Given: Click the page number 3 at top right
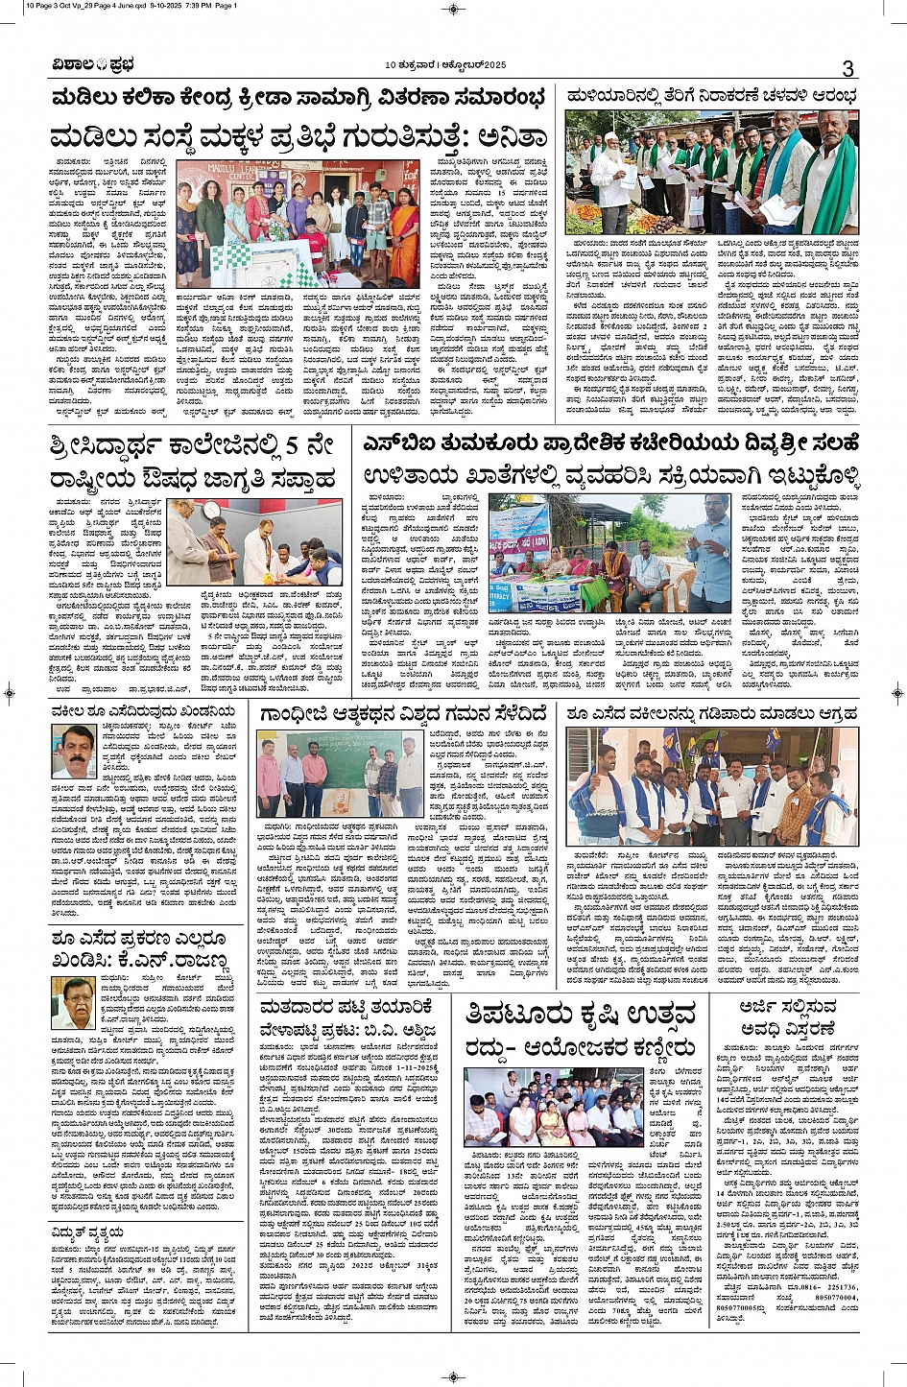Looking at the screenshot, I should coord(847,68).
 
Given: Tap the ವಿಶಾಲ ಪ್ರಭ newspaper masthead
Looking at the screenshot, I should coord(93,66).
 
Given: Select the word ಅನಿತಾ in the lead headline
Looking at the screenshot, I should coord(496,136).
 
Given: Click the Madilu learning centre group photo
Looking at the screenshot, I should coord(297,222).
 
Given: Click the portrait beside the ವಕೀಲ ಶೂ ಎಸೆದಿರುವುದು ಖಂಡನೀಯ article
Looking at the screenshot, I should coord(74,753).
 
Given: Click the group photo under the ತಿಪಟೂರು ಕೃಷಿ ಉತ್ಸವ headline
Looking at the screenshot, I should coord(555,1106).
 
